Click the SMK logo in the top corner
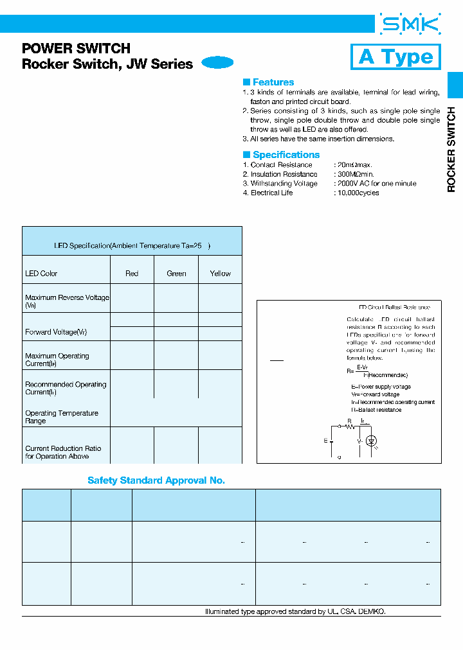410,25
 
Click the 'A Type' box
395,57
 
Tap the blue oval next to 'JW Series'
217,63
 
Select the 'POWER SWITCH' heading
76,48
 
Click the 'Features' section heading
273,82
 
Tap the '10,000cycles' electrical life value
358,193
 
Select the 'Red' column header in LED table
132,274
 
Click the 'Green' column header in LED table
176,274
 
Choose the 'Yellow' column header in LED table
220,274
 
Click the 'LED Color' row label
41,274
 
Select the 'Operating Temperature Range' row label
61,417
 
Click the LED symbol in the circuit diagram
371,441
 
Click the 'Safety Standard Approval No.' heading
156,480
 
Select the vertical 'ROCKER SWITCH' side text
451,150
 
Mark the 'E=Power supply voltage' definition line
381,387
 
